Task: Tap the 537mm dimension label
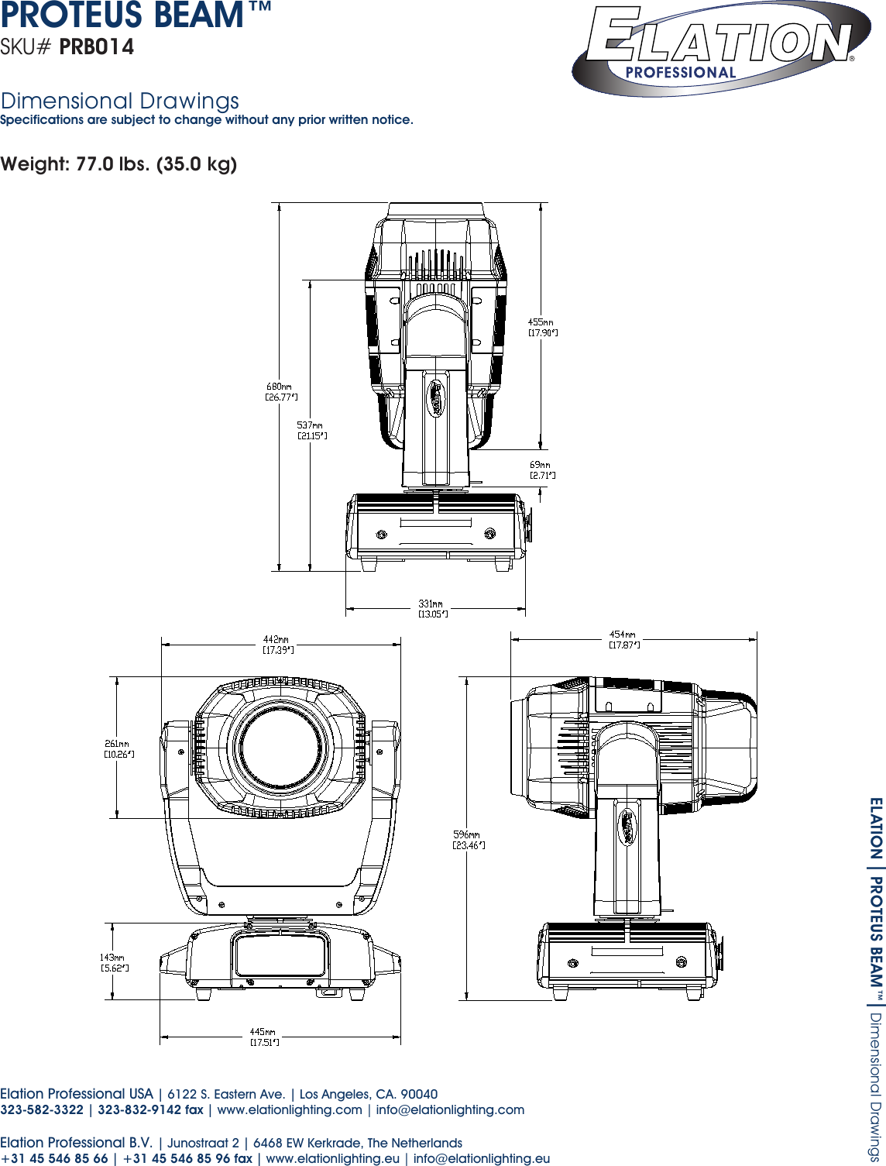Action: click(311, 430)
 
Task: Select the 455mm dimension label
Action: click(542, 327)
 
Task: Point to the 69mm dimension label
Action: click(542, 469)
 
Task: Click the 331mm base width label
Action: click(432, 608)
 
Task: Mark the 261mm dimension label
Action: click(118, 748)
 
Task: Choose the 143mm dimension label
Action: click(114, 962)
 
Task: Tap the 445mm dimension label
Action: click(264, 1037)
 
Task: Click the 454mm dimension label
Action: click(624, 639)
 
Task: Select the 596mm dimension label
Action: click(469, 840)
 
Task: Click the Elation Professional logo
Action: click(720, 48)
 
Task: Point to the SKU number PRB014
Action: click(97, 47)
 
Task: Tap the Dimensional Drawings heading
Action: click(120, 101)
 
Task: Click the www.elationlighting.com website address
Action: click(290, 1109)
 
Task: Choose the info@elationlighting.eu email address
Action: click(482, 1158)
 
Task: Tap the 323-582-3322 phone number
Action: click(42, 1109)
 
